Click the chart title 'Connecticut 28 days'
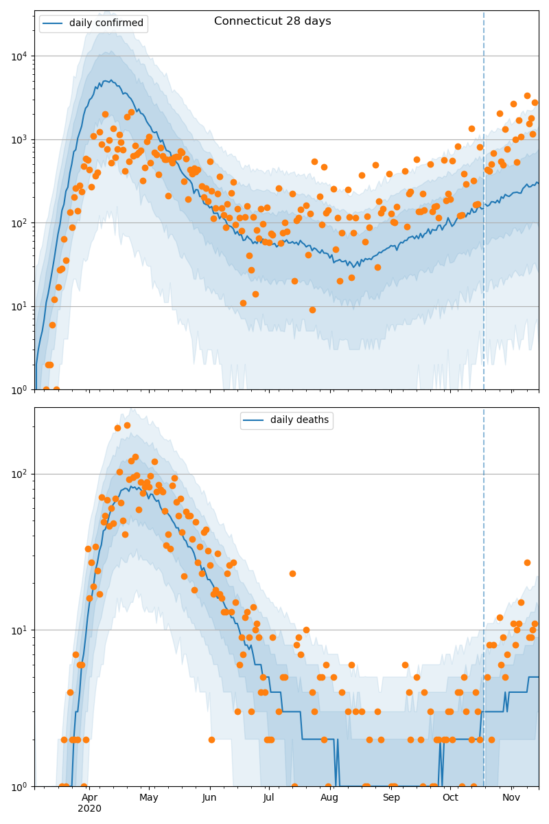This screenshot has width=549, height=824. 272,21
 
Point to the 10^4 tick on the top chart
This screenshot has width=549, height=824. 20,56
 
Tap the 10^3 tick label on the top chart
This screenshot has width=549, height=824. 20,139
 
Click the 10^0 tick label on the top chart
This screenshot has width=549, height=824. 20,389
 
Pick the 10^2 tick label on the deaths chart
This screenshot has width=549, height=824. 20,474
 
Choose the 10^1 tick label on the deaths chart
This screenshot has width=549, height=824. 20,630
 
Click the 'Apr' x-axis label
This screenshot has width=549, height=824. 89,797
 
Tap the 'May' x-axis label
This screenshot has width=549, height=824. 149,797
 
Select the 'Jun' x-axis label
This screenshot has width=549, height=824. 209,797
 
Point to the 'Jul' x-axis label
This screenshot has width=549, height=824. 268,797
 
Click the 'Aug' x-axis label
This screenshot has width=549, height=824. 329,797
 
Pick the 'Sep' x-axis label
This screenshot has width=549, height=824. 391,797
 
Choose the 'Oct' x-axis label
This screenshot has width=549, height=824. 450,797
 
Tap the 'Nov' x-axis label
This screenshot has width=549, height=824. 511,797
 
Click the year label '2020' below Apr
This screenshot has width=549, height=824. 89,808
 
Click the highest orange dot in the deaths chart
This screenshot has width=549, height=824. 127,425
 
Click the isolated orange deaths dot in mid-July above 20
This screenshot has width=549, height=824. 292,573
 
